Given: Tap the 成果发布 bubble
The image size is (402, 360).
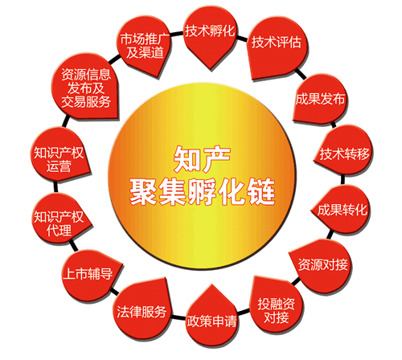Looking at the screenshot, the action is pos(320,99).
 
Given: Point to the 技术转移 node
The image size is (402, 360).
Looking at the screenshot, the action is pos(344,150).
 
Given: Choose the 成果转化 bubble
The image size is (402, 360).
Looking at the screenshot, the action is pos(341,209).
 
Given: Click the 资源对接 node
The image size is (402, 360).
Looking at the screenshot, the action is pos(322,266).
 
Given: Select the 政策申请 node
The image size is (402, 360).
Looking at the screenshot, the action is pos(211,319).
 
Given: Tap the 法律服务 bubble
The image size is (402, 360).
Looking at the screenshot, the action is pos(142,311).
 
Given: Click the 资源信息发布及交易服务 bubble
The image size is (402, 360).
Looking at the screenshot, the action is pos(85,87).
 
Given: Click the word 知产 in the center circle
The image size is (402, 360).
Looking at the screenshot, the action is pos(202,159).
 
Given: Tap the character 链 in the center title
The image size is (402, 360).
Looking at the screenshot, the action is pos(260,191).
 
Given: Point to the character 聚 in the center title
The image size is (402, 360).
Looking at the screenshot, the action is pos(143,191).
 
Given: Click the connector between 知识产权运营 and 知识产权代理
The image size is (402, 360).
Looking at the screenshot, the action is pos(55,186).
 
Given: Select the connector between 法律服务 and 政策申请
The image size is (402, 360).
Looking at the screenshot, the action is pos(178,317).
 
